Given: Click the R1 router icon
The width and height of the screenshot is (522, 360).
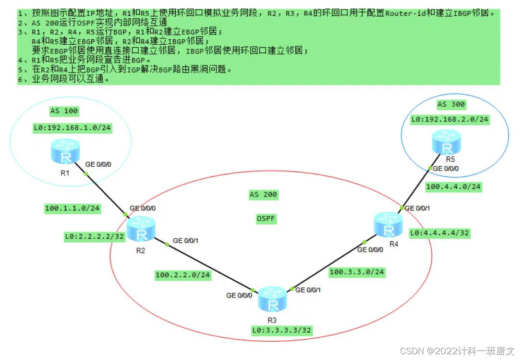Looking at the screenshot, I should (x=63, y=152).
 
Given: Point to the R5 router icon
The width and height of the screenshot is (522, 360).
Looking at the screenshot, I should (x=448, y=143).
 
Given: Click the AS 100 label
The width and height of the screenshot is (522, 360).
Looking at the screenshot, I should (x=64, y=111).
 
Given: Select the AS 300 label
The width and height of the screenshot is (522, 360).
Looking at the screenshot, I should (x=451, y=104).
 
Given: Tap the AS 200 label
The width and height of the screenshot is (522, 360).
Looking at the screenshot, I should (x=263, y=195).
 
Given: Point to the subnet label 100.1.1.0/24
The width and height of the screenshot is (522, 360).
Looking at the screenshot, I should (x=72, y=208).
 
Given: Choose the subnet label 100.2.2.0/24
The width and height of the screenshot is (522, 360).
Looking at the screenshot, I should (x=182, y=275).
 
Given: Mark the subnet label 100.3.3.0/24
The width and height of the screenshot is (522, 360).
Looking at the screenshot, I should (x=357, y=272).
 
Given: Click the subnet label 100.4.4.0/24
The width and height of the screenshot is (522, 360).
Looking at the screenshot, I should (x=453, y=187).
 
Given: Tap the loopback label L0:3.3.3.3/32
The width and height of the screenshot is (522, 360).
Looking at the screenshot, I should (x=281, y=331).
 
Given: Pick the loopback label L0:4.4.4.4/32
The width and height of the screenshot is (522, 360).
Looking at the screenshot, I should (x=439, y=234).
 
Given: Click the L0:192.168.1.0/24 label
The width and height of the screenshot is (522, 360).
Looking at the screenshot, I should (x=72, y=128).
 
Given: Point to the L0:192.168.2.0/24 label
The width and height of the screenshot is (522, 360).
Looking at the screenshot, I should (x=450, y=120).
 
